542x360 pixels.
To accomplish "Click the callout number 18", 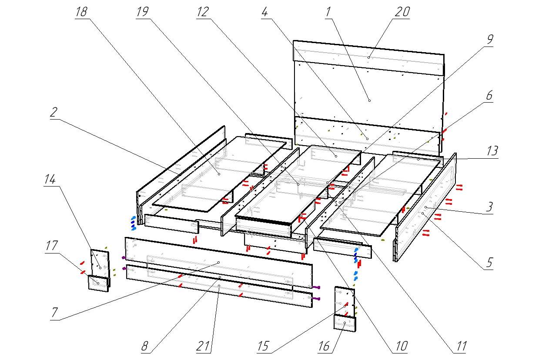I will [81, 12].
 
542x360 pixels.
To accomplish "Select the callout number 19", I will [142, 12].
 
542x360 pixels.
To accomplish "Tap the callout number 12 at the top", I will [202, 12].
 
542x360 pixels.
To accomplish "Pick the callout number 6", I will [489, 95].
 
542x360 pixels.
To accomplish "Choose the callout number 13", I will [492, 152].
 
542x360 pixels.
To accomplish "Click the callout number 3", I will [489, 207].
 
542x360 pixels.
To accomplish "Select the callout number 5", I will [489, 263].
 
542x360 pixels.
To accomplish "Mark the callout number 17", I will [51, 246].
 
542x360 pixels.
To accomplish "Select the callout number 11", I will [461, 347].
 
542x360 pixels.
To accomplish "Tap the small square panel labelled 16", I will [345, 324].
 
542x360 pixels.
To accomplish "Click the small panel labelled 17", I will [98, 283].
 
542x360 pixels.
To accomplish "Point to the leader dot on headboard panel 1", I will [369, 100].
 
